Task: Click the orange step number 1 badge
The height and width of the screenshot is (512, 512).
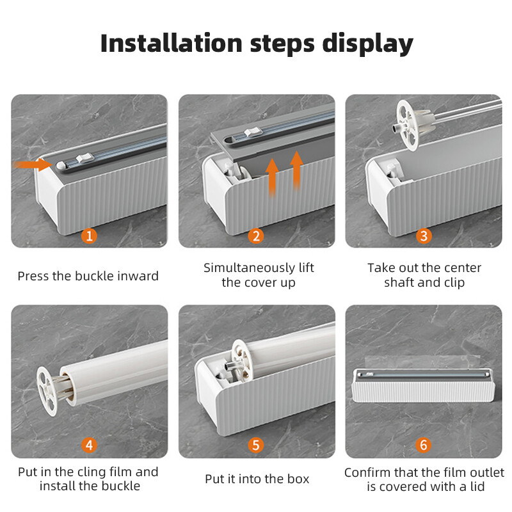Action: pos(89,236)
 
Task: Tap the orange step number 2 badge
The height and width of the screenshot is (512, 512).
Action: pos(256,236)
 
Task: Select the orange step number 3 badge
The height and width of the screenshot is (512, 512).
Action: pos(424,236)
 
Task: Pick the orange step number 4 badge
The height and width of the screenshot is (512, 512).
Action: pos(89,445)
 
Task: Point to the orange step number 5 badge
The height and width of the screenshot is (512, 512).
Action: pos(256,445)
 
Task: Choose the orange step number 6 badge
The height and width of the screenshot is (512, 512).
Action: pos(424,445)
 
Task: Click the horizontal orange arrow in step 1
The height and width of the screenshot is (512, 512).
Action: pos(33,164)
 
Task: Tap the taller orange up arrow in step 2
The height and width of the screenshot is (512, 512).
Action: pos(296,170)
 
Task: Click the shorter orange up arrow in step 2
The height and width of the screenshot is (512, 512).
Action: pos(272,177)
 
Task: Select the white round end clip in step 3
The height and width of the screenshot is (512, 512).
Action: pos(408,126)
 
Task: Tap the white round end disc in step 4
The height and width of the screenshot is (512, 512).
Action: pos(46,391)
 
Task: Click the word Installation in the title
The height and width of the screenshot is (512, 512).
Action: pos(172,43)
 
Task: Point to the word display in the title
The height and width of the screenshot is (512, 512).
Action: pos(367,44)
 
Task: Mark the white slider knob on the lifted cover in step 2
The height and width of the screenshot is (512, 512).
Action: pos(253,132)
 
